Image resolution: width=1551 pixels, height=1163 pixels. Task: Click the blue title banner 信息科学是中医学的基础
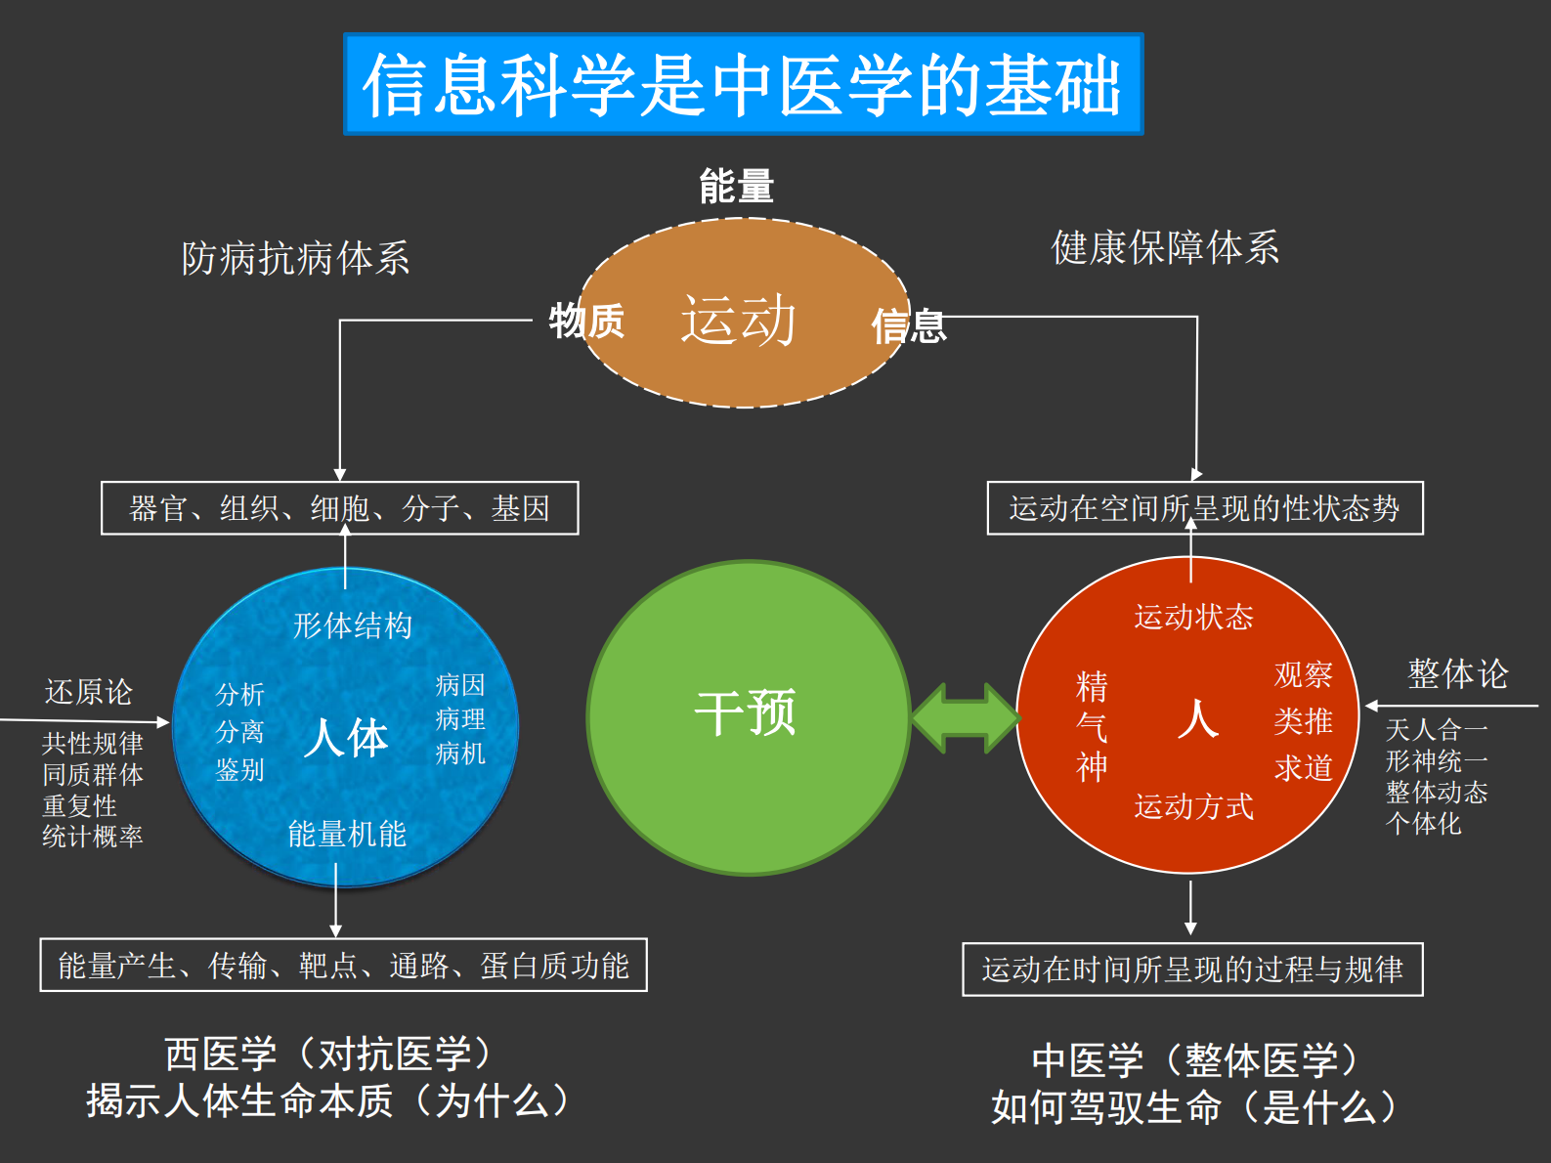(x=743, y=84)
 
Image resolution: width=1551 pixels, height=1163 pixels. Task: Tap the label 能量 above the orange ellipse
(x=736, y=186)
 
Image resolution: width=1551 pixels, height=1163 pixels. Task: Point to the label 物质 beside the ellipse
(x=586, y=321)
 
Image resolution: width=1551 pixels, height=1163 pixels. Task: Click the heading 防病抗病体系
(x=295, y=259)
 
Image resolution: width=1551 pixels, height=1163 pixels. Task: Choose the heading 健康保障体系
(x=1165, y=248)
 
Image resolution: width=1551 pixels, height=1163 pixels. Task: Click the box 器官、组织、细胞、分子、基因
(x=339, y=508)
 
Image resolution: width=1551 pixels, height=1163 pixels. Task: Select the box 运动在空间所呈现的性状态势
(x=1204, y=508)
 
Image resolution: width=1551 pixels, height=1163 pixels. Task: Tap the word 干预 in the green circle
(x=745, y=712)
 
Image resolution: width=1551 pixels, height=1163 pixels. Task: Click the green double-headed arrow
(x=964, y=718)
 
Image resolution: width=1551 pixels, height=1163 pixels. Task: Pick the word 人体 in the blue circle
(x=345, y=737)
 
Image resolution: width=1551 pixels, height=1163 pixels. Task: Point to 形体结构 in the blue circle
(x=353, y=625)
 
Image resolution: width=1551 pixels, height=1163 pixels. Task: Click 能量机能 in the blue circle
(x=346, y=834)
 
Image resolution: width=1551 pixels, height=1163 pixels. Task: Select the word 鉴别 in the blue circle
(x=239, y=770)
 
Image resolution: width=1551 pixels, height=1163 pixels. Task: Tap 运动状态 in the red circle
(x=1193, y=617)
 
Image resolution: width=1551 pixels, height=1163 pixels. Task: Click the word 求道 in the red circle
(x=1303, y=767)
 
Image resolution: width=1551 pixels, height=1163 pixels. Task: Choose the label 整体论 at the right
(x=1457, y=674)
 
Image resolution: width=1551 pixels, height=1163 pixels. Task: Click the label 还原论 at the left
(x=88, y=692)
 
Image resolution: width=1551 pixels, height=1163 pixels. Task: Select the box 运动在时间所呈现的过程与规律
(x=1192, y=969)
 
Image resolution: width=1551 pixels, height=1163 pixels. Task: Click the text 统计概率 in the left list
(x=93, y=837)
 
